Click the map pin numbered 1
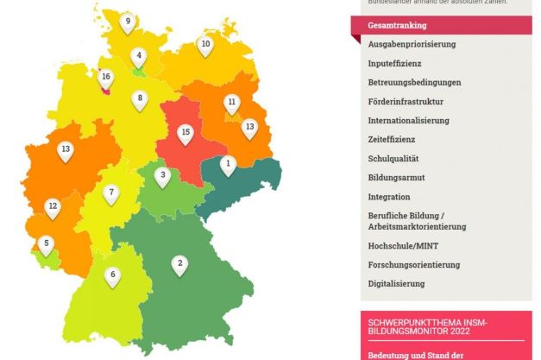[228, 164]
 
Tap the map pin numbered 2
[179, 264]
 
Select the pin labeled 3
[162, 176]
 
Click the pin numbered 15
[185, 134]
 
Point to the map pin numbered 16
[105, 79]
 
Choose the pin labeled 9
[128, 22]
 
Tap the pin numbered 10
[205, 45]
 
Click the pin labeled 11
[231, 103]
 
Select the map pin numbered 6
[112, 276]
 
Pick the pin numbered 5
[47, 245]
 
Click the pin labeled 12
[53, 207]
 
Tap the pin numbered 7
[110, 193]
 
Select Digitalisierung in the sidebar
[396, 283]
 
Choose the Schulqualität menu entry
[393, 159]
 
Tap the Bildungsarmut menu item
[396, 178]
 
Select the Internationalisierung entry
[408, 120]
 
